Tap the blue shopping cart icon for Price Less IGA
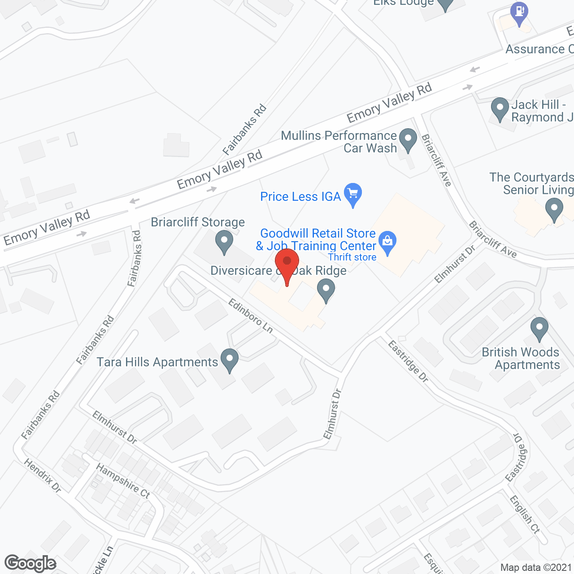tap(353, 194)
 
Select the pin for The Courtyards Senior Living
tap(554, 209)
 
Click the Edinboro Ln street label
tap(250, 316)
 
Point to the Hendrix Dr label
tap(43, 475)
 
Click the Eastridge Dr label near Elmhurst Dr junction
tap(408, 361)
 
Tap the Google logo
tap(30, 563)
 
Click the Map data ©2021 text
tap(535, 568)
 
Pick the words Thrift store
tap(352, 257)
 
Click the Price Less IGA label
tap(300, 196)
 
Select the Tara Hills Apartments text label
tap(157, 362)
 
